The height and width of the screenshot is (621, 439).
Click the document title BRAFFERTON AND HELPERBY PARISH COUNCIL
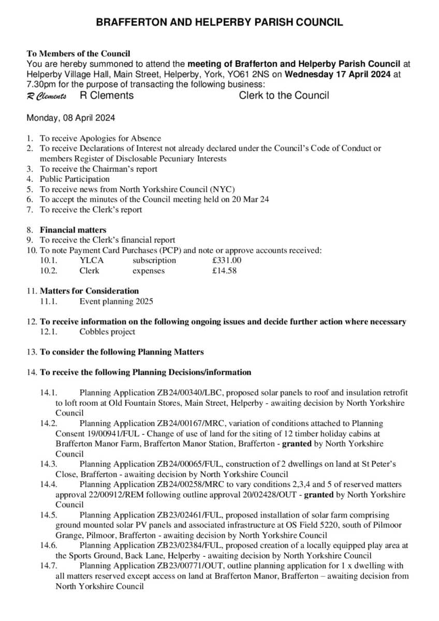tap(219, 22)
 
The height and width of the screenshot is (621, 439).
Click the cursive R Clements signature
tap(47, 96)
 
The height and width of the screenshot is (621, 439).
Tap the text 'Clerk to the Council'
tap(284, 95)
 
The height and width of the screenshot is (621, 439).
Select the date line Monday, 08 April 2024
tap(71, 117)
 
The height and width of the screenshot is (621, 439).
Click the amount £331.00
tap(227, 260)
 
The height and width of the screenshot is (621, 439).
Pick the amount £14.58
tap(225, 271)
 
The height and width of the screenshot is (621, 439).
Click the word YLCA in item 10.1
tap(90, 260)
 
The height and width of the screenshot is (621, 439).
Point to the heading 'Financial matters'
tap(73, 230)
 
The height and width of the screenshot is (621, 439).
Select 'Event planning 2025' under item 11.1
tap(116, 301)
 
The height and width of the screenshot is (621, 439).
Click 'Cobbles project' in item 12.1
tap(107, 332)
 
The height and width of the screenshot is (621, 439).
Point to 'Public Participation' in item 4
tap(75, 179)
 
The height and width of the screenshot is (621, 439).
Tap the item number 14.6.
tap(48, 546)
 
